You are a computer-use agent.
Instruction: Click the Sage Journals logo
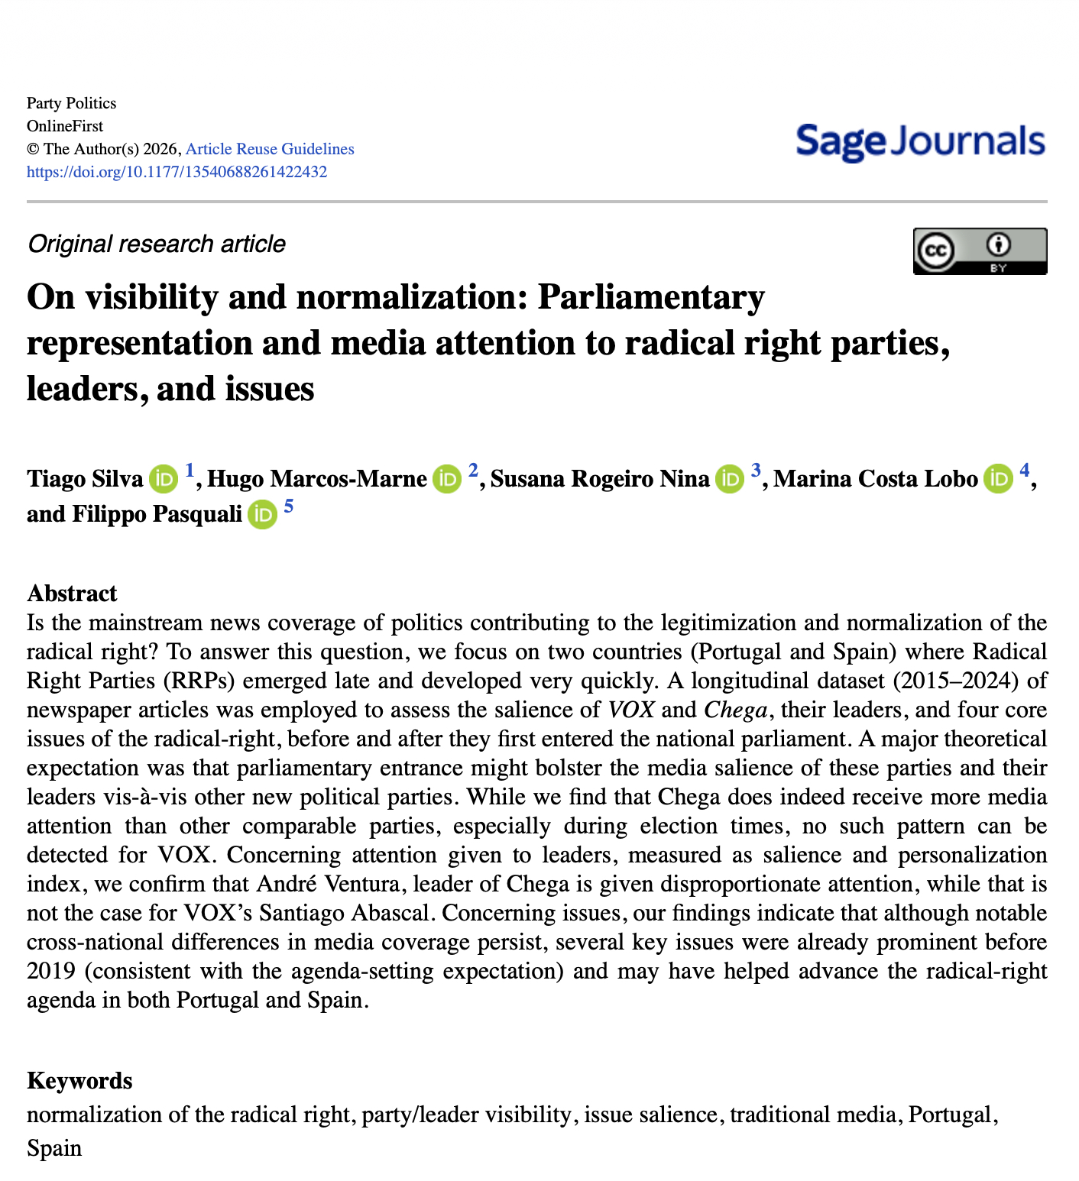coord(920,142)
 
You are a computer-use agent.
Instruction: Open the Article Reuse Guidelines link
coord(270,149)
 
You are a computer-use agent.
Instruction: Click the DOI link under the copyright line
coord(177,172)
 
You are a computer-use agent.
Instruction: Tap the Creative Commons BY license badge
coord(980,251)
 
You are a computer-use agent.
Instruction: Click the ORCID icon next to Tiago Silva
coord(163,479)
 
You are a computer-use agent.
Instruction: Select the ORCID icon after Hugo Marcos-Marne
coord(447,479)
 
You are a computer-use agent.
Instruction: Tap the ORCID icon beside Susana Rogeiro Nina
coord(730,479)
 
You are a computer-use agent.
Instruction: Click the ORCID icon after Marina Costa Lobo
coord(998,479)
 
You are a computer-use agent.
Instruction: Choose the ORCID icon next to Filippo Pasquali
coord(262,514)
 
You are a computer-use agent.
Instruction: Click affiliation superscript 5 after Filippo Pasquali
coord(288,506)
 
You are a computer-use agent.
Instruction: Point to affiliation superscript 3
coord(756,471)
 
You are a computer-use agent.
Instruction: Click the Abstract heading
coord(72,594)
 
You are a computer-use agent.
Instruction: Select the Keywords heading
coord(79,1081)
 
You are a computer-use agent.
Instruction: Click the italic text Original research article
coord(157,244)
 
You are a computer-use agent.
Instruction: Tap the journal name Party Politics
coord(71,103)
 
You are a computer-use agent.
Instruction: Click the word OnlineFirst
coord(65,126)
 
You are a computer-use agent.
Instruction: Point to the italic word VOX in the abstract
coord(631,710)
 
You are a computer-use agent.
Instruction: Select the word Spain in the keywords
coord(54,1148)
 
